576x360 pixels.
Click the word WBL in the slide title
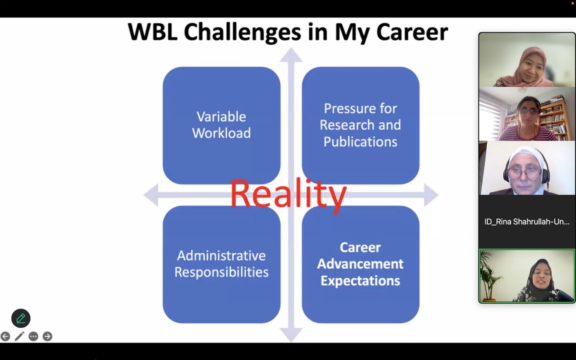(x=152, y=32)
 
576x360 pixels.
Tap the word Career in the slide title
(x=412, y=32)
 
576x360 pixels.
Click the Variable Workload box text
(x=221, y=125)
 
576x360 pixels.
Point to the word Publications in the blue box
(x=360, y=142)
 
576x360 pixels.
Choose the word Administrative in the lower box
(x=221, y=256)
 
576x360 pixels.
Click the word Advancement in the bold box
(x=360, y=264)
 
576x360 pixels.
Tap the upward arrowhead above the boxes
(x=291, y=55)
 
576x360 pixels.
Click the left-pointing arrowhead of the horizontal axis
(x=151, y=195)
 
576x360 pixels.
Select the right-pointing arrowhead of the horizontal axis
(x=431, y=195)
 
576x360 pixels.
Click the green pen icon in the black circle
(x=21, y=318)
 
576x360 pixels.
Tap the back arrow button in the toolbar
(x=5, y=336)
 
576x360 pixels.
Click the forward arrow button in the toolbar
(x=47, y=336)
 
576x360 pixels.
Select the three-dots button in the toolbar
(x=33, y=336)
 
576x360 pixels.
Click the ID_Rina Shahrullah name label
(x=527, y=222)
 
